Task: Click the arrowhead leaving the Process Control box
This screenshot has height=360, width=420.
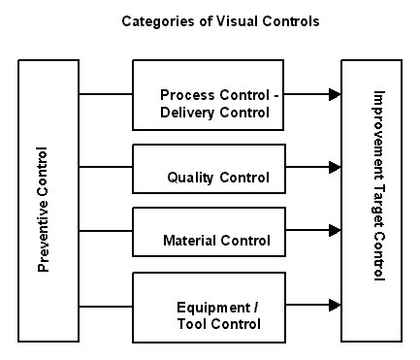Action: tap(335, 95)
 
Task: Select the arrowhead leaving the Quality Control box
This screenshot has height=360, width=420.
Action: tap(335, 168)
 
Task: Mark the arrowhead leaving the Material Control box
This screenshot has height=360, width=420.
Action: tap(335, 230)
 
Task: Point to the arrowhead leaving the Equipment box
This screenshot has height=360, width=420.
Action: tap(335, 305)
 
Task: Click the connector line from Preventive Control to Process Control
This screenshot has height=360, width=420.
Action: tap(105, 95)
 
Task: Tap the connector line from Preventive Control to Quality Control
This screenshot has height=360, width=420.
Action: tap(105, 168)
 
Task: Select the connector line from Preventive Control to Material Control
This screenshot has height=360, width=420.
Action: tap(105, 230)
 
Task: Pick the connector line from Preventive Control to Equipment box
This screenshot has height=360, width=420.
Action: tap(105, 305)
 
